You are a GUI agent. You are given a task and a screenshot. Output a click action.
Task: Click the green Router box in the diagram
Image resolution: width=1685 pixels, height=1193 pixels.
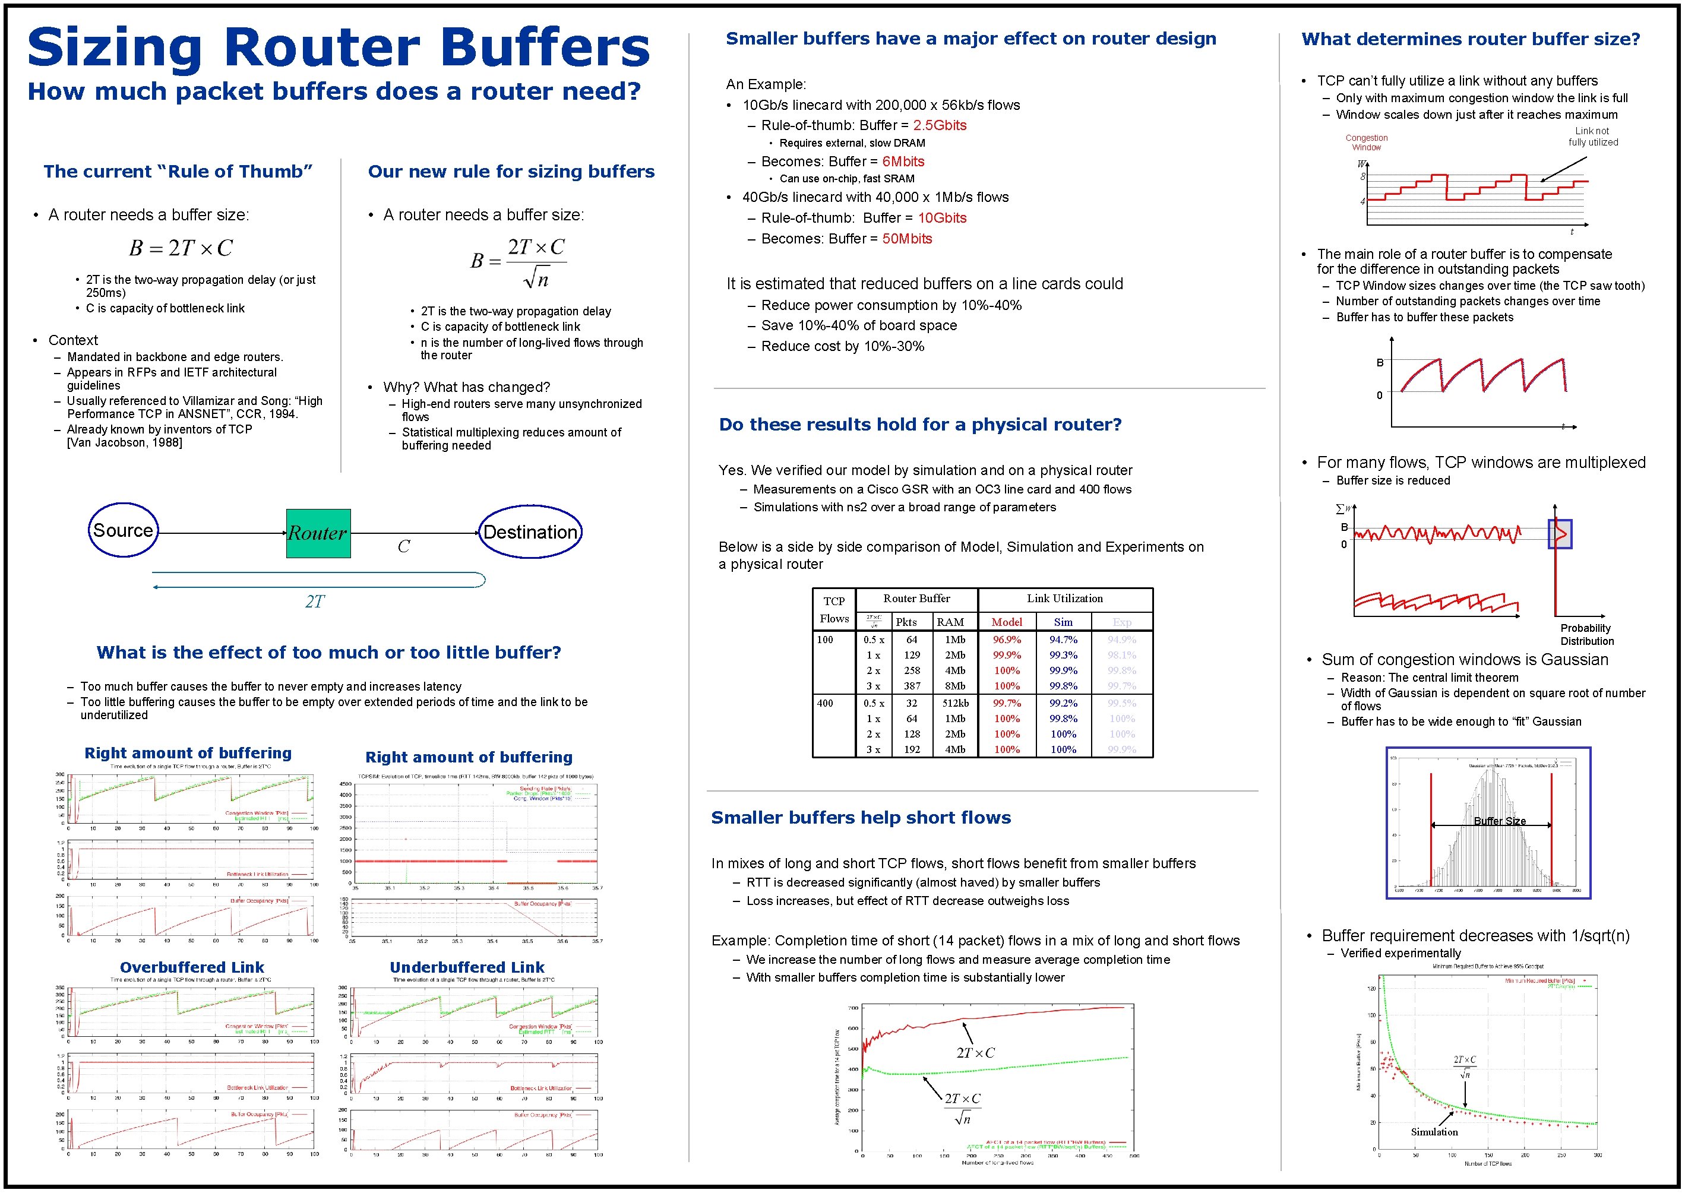tap(318, 533)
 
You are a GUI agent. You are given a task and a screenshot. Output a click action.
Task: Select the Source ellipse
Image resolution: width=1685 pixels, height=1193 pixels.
tap(123, 530)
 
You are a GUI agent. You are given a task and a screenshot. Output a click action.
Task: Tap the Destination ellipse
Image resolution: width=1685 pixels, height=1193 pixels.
tap(530, 532)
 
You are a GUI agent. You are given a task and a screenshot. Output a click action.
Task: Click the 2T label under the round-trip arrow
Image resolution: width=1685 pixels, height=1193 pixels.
tap(314, 602)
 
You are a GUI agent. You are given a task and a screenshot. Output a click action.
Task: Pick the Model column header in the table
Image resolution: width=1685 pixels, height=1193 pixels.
tap(1006, 622)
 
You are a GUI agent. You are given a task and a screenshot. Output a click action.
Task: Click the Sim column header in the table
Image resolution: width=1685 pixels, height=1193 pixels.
tap(1063, 622)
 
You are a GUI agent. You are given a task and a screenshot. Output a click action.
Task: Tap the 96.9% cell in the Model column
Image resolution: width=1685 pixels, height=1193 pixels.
tap(1006, 640)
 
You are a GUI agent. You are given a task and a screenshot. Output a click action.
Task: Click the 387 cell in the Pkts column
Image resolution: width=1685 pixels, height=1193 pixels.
tap(912, 686)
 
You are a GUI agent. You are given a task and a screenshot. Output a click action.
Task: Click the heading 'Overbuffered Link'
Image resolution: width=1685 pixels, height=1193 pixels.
tap(192, 967)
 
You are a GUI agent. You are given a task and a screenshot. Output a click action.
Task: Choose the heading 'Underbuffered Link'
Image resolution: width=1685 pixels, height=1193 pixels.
tap(467, 967)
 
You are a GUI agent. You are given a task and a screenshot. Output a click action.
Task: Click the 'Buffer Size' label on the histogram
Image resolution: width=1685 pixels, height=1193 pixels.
tap(1499, 821)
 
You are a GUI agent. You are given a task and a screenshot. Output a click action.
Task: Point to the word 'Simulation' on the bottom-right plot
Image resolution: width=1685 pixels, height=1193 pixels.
tap(1434, 1132)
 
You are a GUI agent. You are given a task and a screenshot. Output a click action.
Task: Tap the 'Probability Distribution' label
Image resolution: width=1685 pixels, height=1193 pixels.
tap(1586, 635)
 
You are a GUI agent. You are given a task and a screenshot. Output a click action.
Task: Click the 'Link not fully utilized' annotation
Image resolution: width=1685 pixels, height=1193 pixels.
tap(1592, 137)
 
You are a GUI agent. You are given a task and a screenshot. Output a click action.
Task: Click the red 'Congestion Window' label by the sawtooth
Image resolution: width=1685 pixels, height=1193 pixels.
tap(1366, 143)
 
